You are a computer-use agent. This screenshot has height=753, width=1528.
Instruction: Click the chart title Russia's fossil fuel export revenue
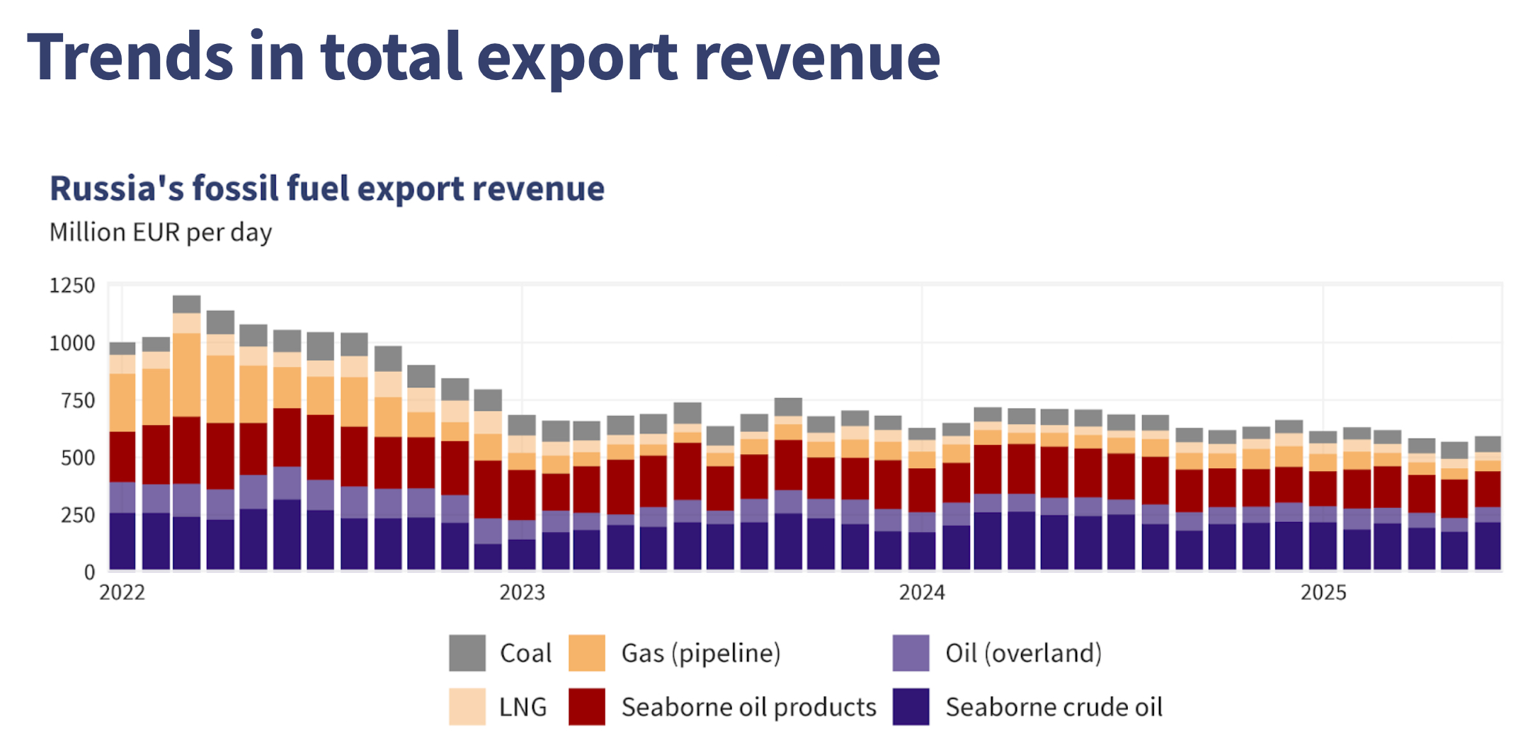click(326, 188)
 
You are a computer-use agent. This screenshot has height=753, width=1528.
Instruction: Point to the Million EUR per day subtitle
click(161, 232)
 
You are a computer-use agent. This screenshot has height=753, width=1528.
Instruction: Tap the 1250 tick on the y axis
click(72, 285)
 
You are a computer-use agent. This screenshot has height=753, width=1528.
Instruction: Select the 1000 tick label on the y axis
click(72, 344)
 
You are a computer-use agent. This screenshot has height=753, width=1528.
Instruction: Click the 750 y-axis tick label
click(78, 401)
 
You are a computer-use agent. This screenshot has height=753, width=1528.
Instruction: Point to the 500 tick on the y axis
click(78, 458)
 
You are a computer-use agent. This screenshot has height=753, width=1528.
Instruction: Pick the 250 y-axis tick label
click(78, 515)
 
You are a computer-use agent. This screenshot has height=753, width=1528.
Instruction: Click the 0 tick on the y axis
click(89, 572)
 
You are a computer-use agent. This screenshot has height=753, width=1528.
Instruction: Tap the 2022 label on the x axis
click(122, 593)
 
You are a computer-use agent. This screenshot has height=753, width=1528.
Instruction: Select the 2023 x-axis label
click(522, 593)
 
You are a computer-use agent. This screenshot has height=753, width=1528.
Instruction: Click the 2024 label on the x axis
click(922, 593)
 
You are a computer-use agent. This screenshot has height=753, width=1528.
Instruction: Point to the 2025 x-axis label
click(1323, 593)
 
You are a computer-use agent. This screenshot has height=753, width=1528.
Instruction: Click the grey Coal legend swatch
click(467, 653)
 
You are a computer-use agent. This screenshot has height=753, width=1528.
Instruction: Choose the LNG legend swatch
click(467, 707)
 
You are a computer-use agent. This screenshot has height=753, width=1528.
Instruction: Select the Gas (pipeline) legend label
click(700, 653)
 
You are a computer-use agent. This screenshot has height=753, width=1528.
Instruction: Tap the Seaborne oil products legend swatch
click(587, 707)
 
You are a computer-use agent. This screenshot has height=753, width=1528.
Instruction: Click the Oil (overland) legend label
click(1023, 653)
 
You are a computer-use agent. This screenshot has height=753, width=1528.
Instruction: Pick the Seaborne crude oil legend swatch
click(911, 707)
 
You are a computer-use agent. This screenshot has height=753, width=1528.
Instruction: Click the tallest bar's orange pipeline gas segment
click(187, 375)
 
